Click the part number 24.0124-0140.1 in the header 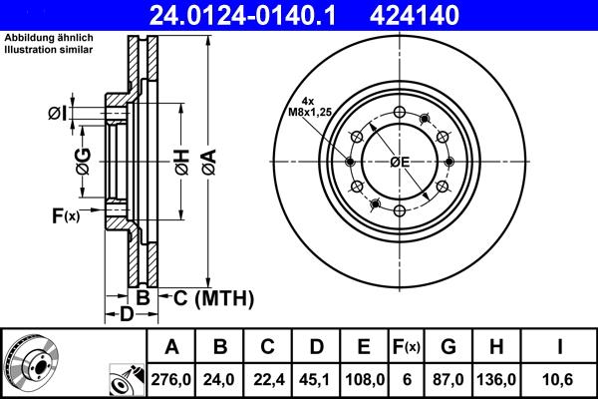coord(218,16)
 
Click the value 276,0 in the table coord(171,378)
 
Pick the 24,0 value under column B coord(219,378)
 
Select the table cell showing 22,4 coord(267,378)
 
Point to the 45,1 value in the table coord(315,378)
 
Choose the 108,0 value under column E coord(364,378)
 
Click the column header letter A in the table coord(171,347)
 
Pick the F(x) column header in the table coord(406,347)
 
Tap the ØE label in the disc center coord(400,162)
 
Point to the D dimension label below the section coord(126,316)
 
